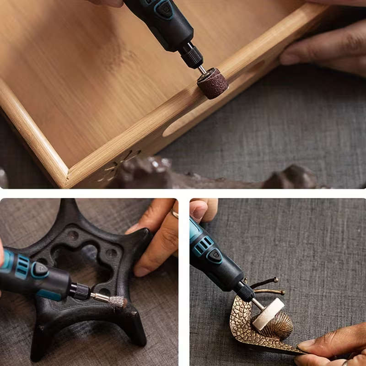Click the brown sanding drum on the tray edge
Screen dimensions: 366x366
pyautogui.click(x=213, y=83)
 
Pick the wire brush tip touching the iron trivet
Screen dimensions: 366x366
pyautogui.click(x=117, y=301)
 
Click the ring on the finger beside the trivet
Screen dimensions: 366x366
pyautogui.click(x=174, y=214)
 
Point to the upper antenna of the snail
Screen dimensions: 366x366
pyautogui.click(x=264, y=281)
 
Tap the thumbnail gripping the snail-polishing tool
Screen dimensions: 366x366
pyautogui.click(x=198, y=210)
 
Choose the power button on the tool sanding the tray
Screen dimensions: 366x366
pyautogui.click(x=164, y=9)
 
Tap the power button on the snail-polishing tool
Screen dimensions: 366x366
pyautogui.click(x=215, y=255)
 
